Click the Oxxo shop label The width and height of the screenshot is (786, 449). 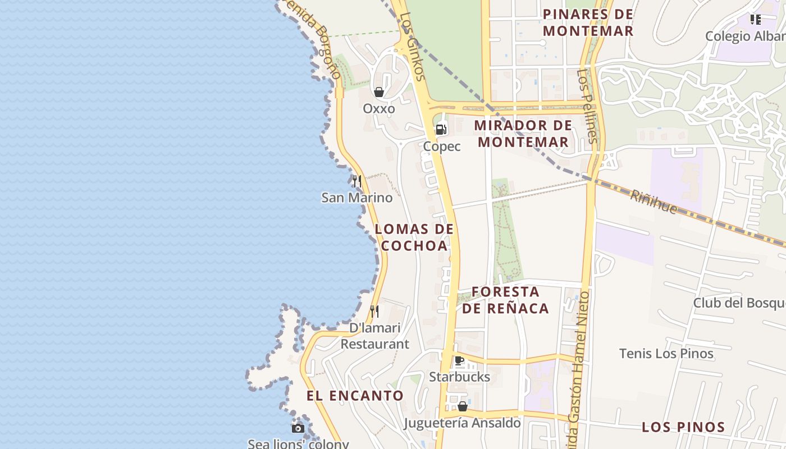pyautogui.click(x=379, y=108)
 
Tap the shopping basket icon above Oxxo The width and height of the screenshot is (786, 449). pyautogui.click(x=379, y=92)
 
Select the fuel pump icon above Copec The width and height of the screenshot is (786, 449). pyautogui.click(x=441, y=130)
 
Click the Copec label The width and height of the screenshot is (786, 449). pyautogui.click(x=442, y=146)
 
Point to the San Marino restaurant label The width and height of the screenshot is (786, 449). pyautogui.click(x=357, y=198)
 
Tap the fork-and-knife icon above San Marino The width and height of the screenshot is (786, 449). pyautogui.click(x=357, y=181)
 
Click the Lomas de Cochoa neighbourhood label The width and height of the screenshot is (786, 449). pyautogui.click(x=414, y=237)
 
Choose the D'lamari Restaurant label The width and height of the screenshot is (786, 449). pyautogui.click(x=375, y=336)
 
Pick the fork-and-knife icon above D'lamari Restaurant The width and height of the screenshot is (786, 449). pyautogui.click(x=374, y=311)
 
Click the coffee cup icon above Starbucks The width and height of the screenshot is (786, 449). pyautogui.click(x=459, y=360)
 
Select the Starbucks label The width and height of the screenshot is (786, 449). pyautogui.click(x=459, y=377)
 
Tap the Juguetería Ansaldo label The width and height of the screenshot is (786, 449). pyautogui.click(x=462, y=423)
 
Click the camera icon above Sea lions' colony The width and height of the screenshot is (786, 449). pyautogui.click(x=298, y=428)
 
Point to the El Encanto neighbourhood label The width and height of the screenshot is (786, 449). pyautogui.click(x=355, y=396)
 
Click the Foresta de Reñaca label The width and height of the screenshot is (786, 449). pyautogui.click(x=505, y=300)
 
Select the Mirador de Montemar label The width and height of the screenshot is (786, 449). pyautogui.click(x=523, y=134)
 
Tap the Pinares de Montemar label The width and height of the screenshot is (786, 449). pyautogui.click(x=588, y=22)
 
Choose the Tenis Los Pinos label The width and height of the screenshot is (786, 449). pyautogui.click(x=666, y=354)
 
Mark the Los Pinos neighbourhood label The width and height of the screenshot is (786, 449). pyautogui.click(x=683, y=427)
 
